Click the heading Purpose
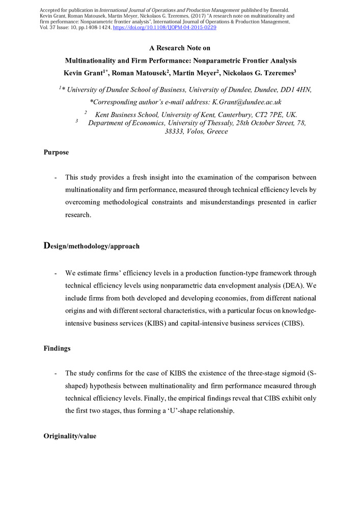(x=56, y=153)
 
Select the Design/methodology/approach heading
(x=92, y=246)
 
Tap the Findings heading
(x=58, y=350)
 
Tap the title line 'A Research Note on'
(x=180, y=48)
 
